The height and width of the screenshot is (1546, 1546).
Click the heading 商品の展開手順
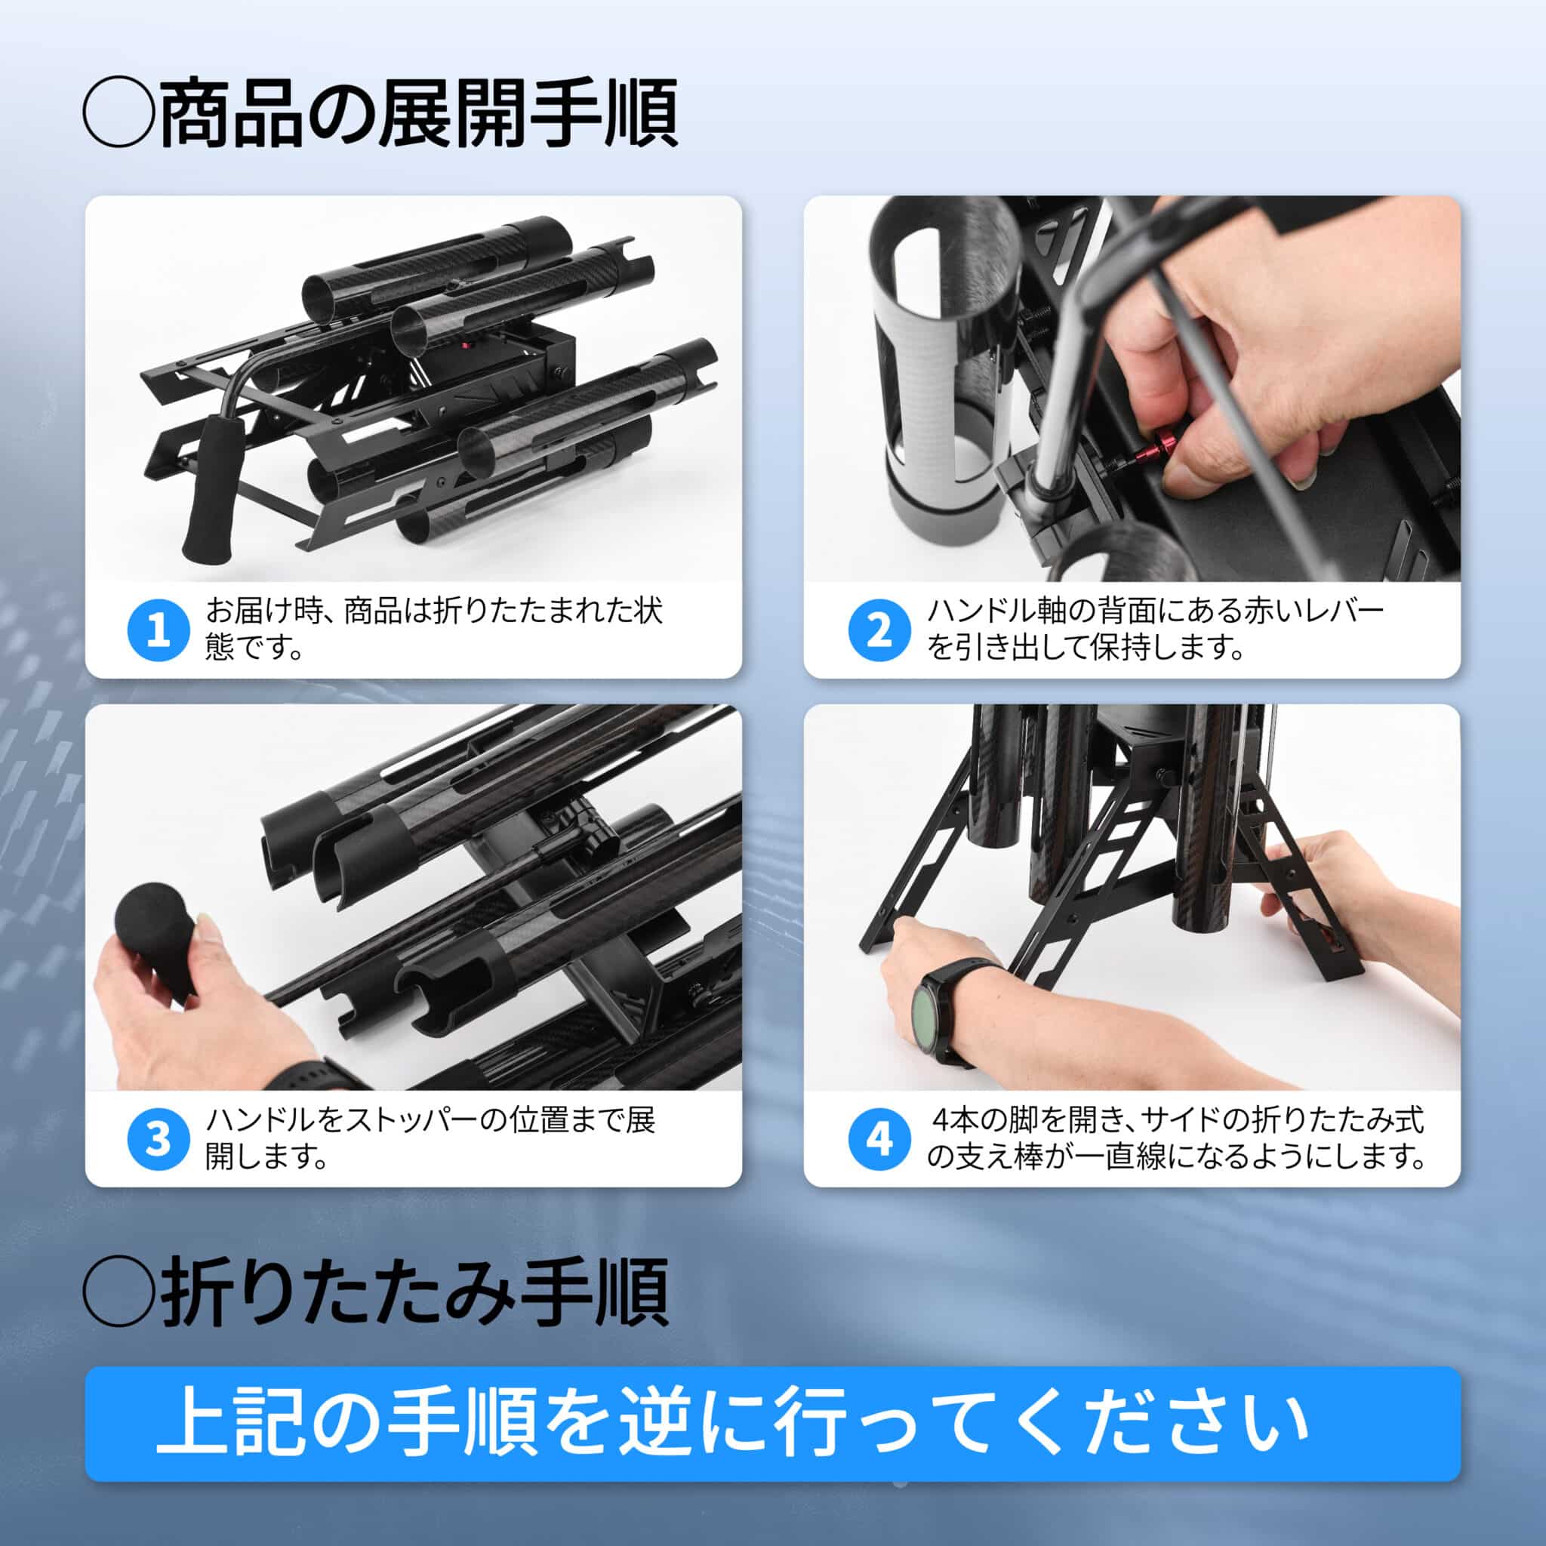coord(418,114)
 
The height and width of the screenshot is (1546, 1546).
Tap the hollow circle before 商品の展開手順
coord(119,114)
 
